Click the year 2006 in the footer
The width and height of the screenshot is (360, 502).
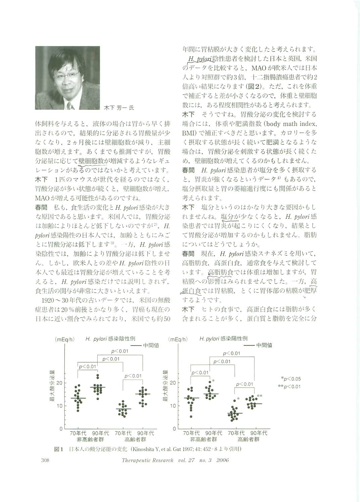point(221,460)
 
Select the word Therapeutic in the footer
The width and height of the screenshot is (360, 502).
point(135,460)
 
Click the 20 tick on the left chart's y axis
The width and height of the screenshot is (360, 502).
point(59,383)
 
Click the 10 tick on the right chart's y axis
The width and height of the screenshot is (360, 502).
point(173,406)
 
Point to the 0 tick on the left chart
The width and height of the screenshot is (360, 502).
point(61,429)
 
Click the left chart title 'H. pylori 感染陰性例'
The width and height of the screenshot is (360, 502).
point(110,339)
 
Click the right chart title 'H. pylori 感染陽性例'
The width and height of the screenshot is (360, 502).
point(223,339)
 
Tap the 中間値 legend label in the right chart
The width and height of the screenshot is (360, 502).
point(264,345)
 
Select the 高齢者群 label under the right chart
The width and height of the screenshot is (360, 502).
point(248,439)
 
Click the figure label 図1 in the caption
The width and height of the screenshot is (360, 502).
point(59,449)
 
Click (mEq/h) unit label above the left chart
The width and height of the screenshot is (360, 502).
point(65,339)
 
